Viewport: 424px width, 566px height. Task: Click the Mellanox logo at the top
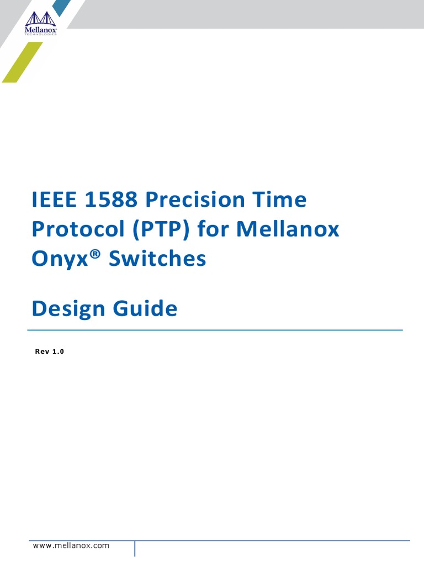point(41,24)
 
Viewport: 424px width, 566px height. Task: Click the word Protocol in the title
point(77,229)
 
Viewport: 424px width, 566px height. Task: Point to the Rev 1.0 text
point(50,352)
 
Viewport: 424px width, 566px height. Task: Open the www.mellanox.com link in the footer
point(71,546)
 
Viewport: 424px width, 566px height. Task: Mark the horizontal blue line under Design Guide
point(215,330)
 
